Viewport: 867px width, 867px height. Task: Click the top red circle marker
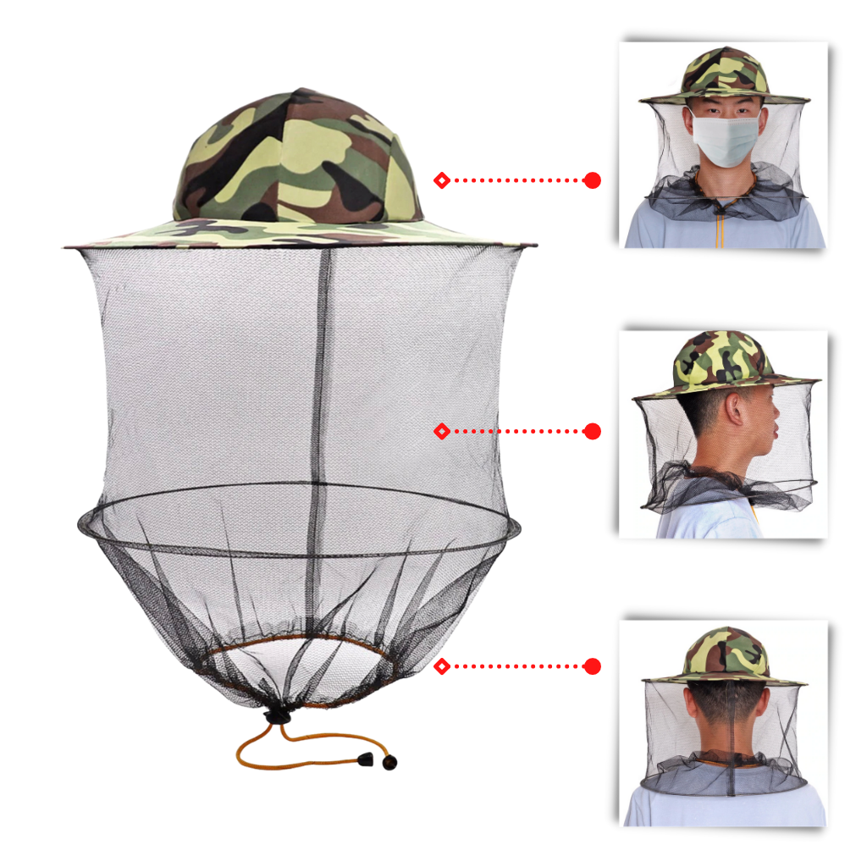592,180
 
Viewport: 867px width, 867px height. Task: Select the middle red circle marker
592,432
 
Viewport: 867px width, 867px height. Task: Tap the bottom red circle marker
592,666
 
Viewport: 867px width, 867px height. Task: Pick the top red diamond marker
441,180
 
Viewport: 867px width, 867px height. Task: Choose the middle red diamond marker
441,432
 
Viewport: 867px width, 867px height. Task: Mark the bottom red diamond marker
441,666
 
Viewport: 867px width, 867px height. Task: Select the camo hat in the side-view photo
724,364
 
